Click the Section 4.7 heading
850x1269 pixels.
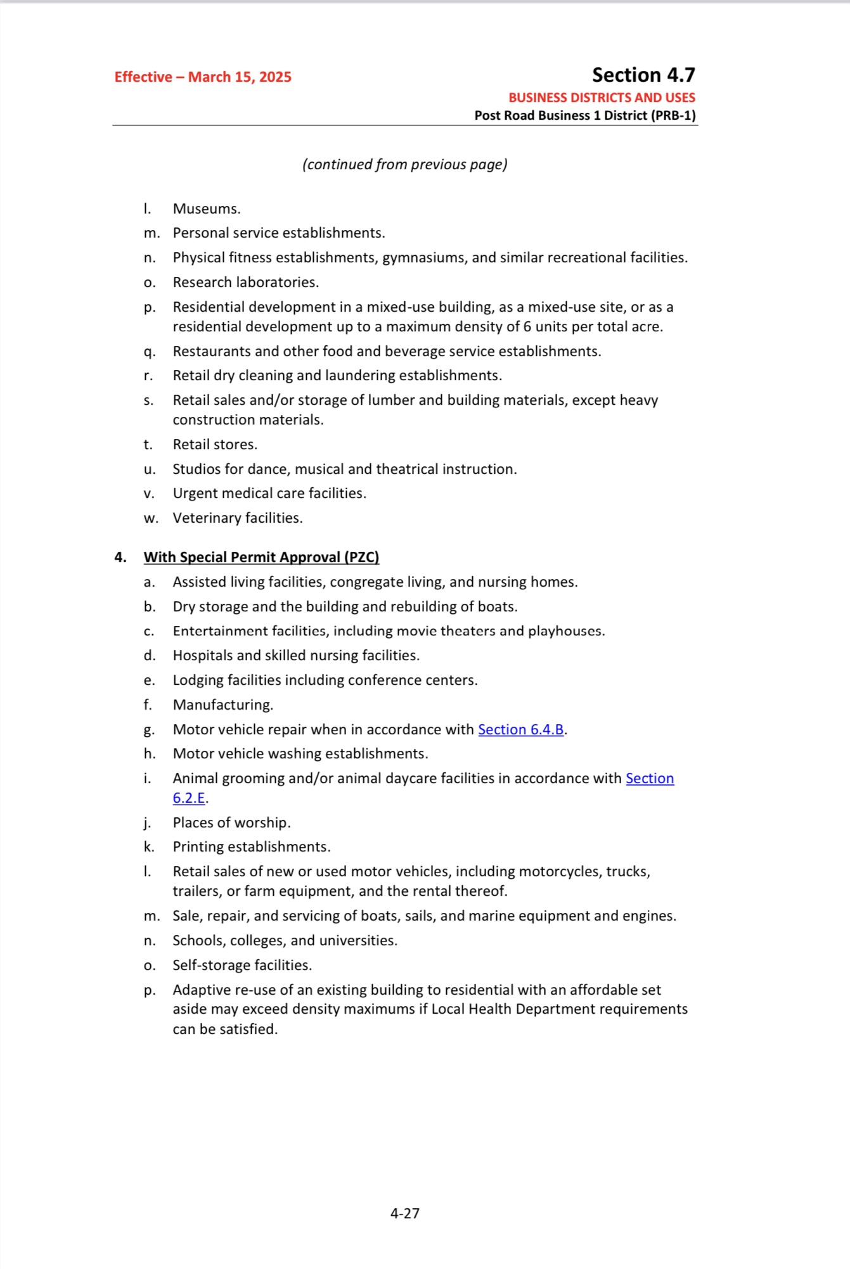[x=643, y=75]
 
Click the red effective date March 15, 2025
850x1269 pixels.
[x=203, y=77]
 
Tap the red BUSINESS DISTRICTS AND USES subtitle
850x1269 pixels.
[x=602, y=98]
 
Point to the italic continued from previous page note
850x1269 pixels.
[x=404, y=165]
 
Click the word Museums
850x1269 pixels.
[x=206, y=209]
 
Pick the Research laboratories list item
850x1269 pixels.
[x=245, y=283]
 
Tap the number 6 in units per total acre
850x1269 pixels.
[x=527, y=327]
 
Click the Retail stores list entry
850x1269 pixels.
[x=215, y=445]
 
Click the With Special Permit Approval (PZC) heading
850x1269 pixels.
[x=261, y=558]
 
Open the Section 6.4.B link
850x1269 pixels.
[x=520, y=730]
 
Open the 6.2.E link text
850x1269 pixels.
[x=189, y=798]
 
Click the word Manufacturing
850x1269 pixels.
[x=222, y=705]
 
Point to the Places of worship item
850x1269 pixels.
[x=231, y=823]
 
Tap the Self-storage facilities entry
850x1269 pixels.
[x=242, y=966]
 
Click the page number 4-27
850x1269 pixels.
[x=404, y=1213]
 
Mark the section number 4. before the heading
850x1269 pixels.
[x=120, y=558]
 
